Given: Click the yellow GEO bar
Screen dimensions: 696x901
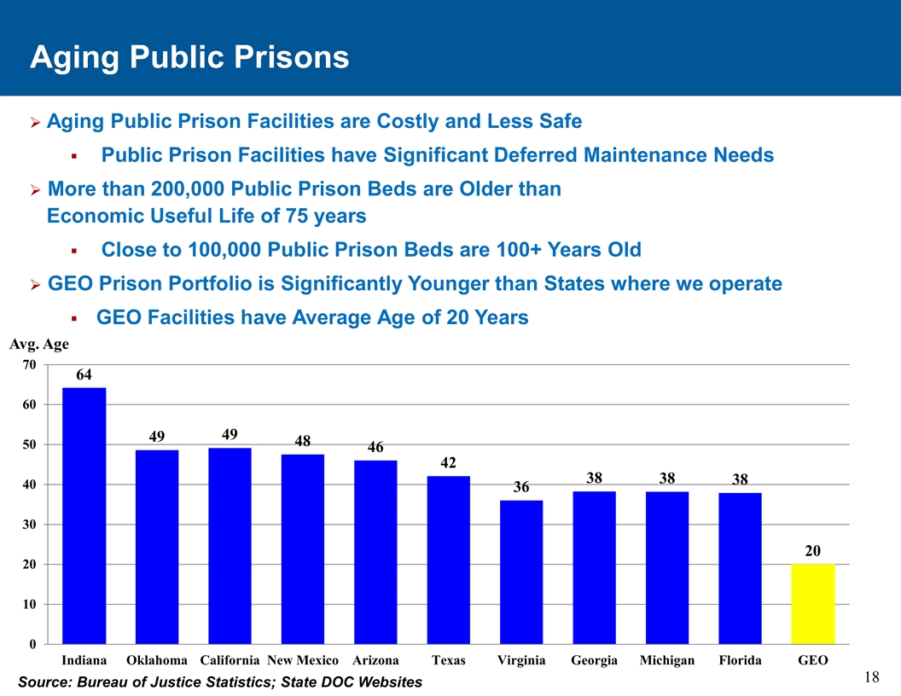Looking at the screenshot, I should coord(813,603).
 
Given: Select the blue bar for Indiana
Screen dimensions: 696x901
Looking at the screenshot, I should coord(84,515).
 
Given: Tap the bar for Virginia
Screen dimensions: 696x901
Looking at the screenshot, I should coord(521,571).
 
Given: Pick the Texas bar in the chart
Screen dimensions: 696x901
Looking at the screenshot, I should coord(449,560).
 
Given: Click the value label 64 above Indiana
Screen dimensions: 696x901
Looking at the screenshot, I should coord(84,374).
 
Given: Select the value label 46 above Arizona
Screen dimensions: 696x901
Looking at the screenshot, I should coord(376,447).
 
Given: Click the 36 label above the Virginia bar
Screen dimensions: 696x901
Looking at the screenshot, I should coord(521,487).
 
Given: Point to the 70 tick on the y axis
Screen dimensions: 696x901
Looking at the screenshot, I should coord(28,364).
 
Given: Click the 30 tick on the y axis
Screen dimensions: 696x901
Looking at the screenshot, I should coord(28,525).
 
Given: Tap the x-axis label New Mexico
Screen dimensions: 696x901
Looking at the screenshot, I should coord(303,661).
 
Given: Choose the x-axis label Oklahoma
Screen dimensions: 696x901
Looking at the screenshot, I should coord(157,661).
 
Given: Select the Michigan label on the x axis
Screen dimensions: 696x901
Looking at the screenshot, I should coord(667,661).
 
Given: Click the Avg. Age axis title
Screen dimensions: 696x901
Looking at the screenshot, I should coord(39,345).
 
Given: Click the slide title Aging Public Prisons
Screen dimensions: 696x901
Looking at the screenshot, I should coord(189,57).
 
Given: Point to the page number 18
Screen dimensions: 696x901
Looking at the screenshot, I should coord(871,677).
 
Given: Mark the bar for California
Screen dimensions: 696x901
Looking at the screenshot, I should coord(230,546).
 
